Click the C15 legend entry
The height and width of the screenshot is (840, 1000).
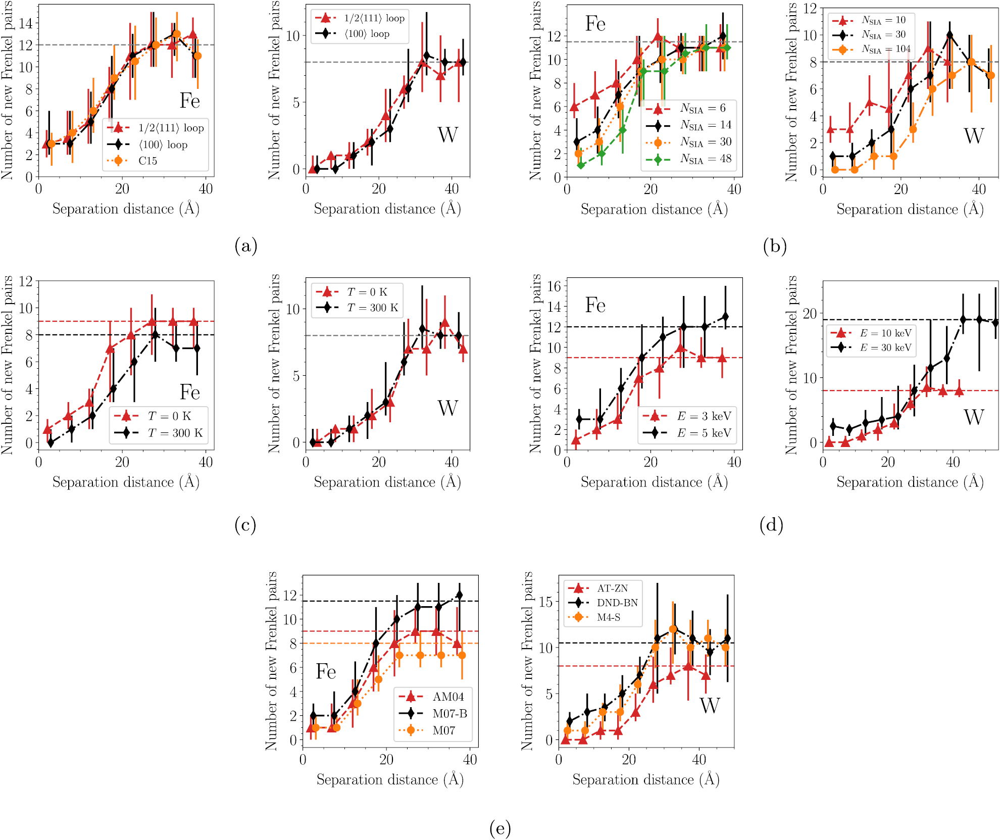[147, 161]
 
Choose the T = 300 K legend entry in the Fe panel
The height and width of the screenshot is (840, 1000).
[175, 433]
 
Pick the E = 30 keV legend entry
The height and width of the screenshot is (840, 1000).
[885, 348]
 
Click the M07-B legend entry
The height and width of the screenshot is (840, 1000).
[449, 714]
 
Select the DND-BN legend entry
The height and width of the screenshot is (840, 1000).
[617, 603]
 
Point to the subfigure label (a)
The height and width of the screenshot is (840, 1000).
[246, 246]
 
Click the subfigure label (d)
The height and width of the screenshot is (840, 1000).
[771, 525]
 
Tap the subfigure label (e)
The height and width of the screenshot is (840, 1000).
[500, 828]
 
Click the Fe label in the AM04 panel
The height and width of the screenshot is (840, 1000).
[326, 672]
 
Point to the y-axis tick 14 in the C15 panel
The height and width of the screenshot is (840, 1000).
[26, 23]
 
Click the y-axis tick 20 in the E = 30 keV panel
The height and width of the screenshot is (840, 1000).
[810, 314]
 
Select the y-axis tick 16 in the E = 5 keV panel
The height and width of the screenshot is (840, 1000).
[554, 286]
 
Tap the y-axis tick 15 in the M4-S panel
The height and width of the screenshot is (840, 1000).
[546, 602]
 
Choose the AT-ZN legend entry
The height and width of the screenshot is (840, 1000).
[612, 588]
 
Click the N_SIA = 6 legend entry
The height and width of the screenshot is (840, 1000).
[703, 108]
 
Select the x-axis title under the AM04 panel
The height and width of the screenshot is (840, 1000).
[390, 780]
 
